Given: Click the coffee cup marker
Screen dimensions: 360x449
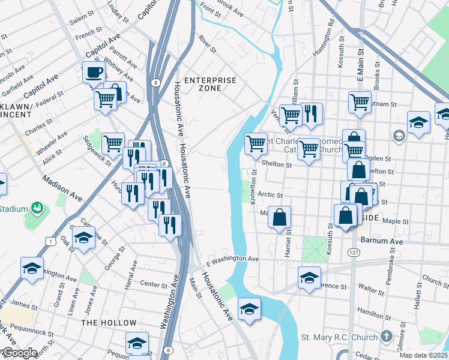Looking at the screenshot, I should (94, 73).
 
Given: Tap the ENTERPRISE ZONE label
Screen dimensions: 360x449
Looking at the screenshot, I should (210, 84).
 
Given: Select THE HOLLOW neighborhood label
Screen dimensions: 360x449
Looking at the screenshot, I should (109, 323).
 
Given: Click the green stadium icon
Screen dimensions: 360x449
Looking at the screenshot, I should (37, 208).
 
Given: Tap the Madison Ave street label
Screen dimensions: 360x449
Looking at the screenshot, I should (62, 188).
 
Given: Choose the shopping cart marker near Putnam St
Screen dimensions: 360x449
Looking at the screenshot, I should (360, 102).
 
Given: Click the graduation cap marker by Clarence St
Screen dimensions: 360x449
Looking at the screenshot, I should (309, 277).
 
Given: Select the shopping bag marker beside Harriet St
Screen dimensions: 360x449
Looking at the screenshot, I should (280, 217).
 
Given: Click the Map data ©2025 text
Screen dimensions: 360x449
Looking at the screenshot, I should (423, 355).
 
